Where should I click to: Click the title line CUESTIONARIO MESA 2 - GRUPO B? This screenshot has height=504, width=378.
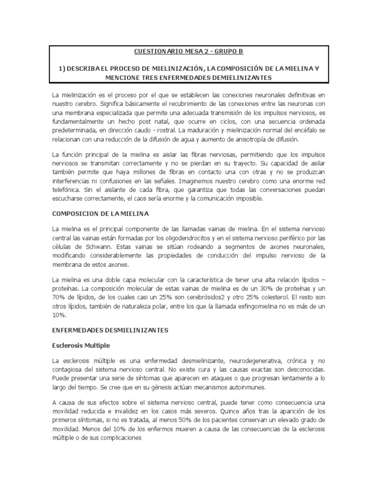[189, 51]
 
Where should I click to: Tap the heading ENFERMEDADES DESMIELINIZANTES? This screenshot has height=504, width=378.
[110, 330]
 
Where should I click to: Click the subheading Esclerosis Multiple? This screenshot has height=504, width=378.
[81, 345]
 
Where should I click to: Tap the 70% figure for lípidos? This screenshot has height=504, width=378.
[60, 298]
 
